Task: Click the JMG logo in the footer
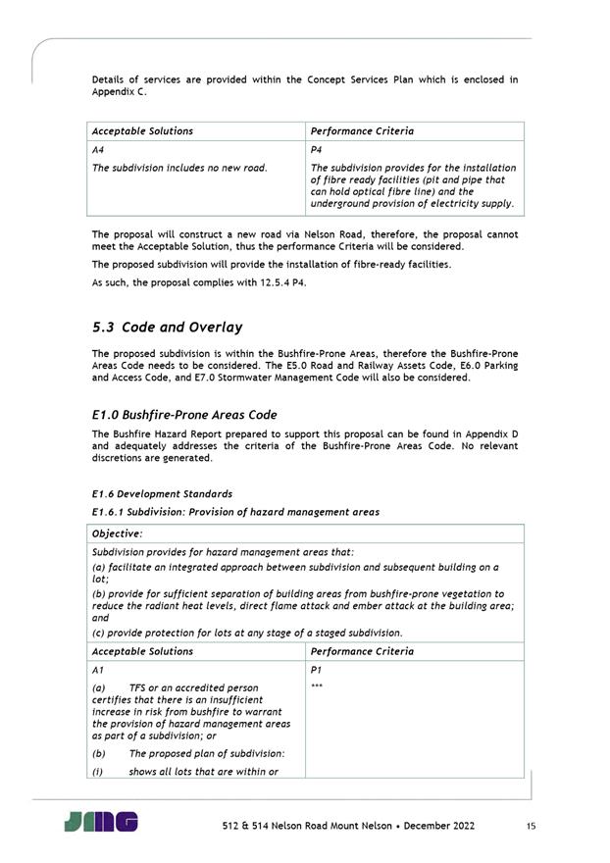click(101, 822)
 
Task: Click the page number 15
click(531, 827)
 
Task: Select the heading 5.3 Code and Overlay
click(167, 327)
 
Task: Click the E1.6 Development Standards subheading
click(162, 493)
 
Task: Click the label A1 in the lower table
click(98, 669)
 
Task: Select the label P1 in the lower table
click(316, 669)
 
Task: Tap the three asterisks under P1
click(317, 686)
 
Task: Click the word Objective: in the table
click(117, 533)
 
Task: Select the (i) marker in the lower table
click(98, 771)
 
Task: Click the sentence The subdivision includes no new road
click(179, 168)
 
